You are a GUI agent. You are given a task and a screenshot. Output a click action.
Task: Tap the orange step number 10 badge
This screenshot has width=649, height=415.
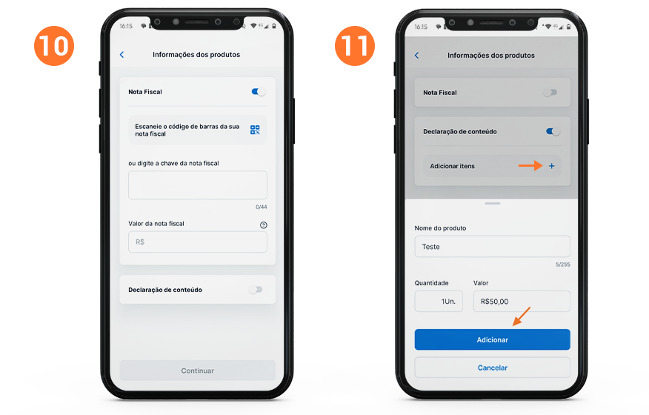pos(54,45)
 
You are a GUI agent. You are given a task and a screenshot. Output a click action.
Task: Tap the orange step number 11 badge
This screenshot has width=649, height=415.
pos(355,45)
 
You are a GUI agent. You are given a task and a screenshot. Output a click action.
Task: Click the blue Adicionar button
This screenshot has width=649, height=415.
pos(492,339)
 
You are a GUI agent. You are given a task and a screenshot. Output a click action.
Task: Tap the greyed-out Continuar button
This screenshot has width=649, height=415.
pos(197,371)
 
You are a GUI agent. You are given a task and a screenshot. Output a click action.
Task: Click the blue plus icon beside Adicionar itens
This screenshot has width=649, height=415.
pos(552,166)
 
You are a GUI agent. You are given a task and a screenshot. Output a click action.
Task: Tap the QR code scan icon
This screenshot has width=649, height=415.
pos(255,130)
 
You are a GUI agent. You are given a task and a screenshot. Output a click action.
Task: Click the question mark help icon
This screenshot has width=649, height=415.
pos(263,225)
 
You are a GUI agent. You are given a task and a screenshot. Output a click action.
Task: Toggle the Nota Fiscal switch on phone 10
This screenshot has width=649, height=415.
pos(259,92)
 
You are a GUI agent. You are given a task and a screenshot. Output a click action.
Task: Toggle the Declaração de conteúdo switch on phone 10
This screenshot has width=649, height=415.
pos(256,290)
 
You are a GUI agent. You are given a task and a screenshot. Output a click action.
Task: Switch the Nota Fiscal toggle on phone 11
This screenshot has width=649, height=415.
pos(550,93)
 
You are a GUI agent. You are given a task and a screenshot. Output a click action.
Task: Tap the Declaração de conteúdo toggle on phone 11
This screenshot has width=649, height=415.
pos(553,131)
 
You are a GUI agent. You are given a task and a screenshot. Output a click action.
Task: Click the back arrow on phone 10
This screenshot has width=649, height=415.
pos(122,55)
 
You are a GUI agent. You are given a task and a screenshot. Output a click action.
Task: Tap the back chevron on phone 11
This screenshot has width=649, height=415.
pos(416,56)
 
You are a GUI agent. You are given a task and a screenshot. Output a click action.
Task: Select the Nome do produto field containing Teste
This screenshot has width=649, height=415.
pos(492,247)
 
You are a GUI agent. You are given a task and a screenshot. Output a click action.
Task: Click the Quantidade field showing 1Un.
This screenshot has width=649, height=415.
pos(439,301)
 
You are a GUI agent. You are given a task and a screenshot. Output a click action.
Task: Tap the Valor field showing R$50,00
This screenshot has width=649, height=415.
pos(522,301)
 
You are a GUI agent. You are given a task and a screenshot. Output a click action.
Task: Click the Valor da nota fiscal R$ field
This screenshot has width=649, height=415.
pos(197,242)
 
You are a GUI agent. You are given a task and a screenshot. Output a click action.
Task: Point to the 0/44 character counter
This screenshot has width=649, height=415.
pos(262,207)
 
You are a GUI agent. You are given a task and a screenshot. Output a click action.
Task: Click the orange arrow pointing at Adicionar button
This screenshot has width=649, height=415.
pos(522,316)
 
